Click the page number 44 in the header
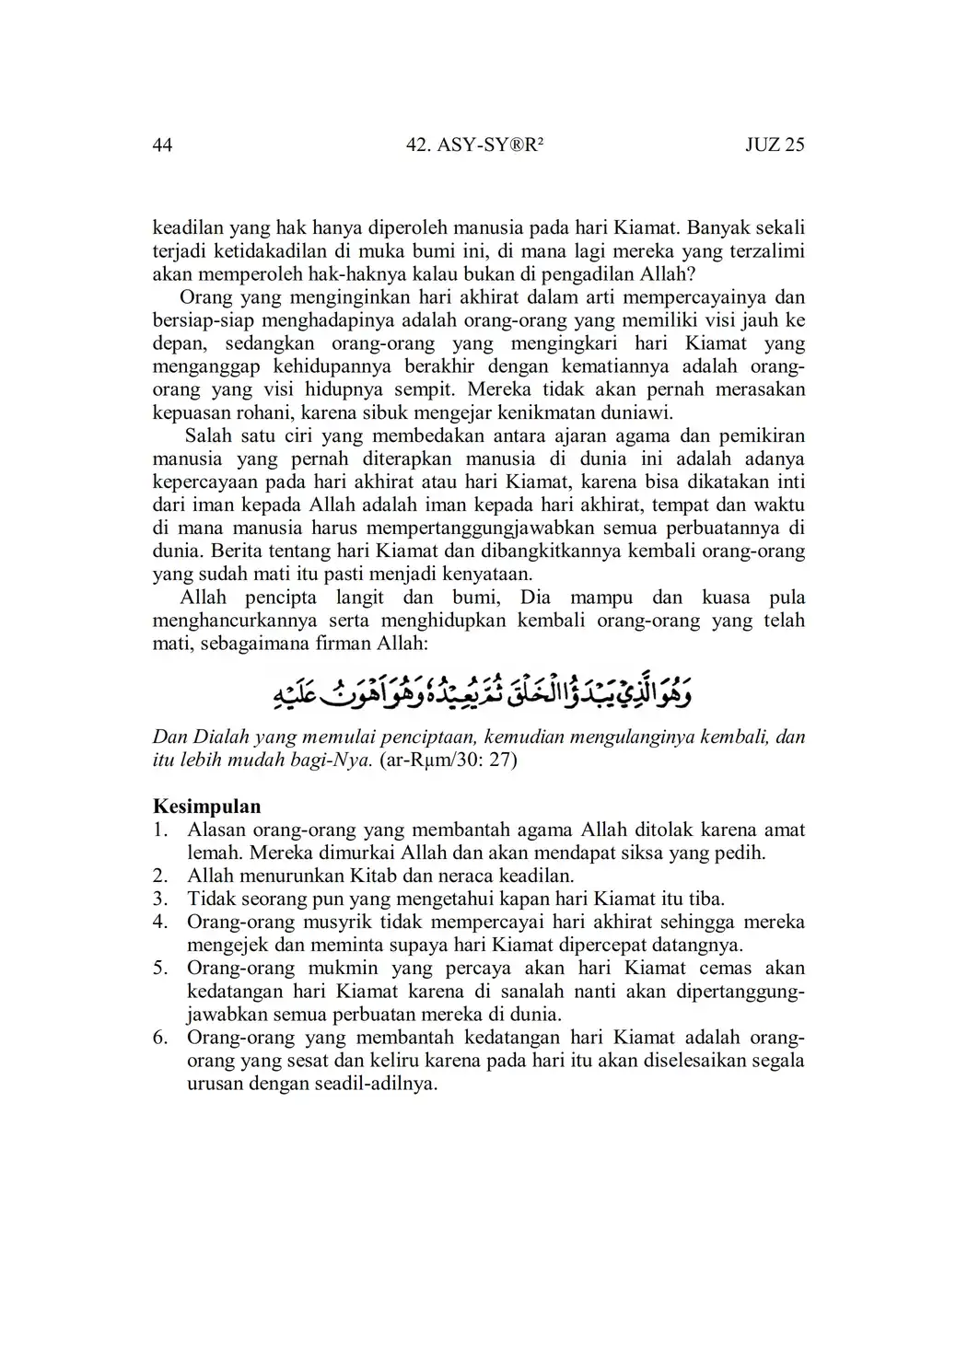[162, 145]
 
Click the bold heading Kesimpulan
[206, 807]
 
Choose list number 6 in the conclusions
[160, 1038]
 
